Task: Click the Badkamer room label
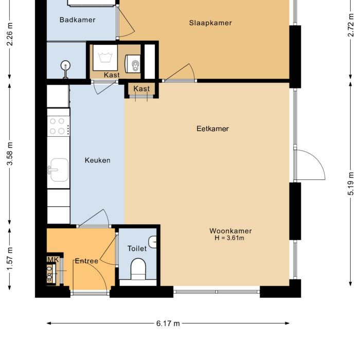click(x=77, y=20)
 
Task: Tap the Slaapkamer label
click(x=210, y=23)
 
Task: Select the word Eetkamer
click(x=212, y=129)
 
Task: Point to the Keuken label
click(x=97, y=160)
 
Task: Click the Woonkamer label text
click(x=230, y=231)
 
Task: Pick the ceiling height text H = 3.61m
click(x=229, y=238)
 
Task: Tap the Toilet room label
click(x=137, y=248)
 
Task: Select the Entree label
click(x=86, y=261)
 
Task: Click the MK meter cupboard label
click(x=52, y=260)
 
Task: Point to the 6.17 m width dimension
click(x=168, y=323)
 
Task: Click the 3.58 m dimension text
click(x=10, y=153)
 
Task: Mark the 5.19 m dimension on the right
click(x=351, y=183)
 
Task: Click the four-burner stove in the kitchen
click(x=58, y=126)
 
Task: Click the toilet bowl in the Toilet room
click(x=138, y=268)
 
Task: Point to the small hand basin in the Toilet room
click(x=153, y=241)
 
